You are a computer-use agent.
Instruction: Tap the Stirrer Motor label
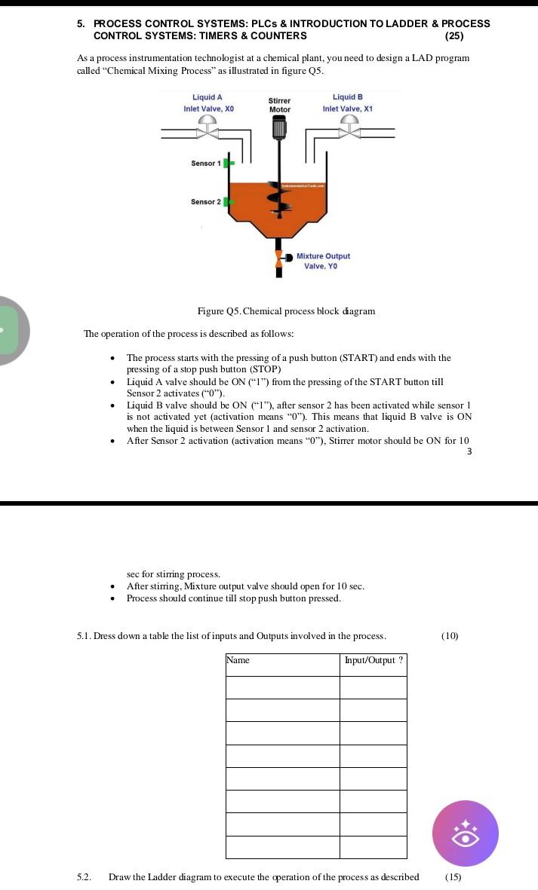(280, 105)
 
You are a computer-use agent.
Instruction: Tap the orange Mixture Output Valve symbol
(279, 260)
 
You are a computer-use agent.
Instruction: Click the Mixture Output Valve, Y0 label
(322, 261)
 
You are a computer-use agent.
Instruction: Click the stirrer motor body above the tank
(279, 130)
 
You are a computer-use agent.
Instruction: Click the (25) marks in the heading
(455, 35)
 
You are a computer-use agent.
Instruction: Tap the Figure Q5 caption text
(286, 311)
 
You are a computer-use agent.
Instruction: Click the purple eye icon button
(465, 833)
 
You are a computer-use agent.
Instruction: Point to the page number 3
(469, 451)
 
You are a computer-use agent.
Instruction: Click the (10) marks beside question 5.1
(450, 636)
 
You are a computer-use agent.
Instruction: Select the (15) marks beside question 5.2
(453, 876)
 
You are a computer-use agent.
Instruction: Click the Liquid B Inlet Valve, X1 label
(347, 103)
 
